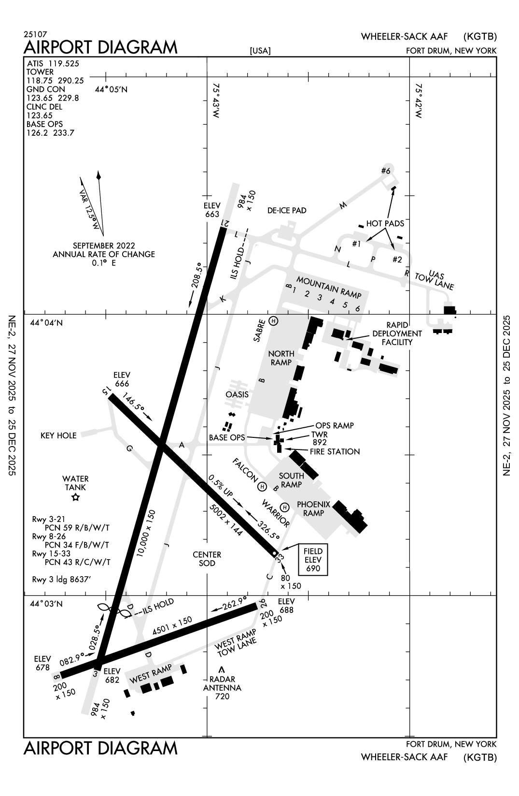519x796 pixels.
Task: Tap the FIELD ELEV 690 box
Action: (x=313, y=560)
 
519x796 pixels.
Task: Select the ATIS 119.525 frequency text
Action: (x=53, y=63)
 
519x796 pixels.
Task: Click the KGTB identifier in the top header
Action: (x=480, y=37)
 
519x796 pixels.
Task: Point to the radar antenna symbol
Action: (x=222, y=670)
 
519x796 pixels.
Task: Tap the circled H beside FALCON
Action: (x=263, y=486)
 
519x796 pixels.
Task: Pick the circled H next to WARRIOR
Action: (x=284, y=507)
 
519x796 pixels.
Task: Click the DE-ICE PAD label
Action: (x=287, y=211)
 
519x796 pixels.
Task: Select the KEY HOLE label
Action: (x=58, y=435)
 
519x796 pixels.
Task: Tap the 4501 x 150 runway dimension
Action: (x=172, y=626)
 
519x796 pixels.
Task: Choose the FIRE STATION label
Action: (x=335, y=451)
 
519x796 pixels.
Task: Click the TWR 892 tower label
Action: (x=319, y=438)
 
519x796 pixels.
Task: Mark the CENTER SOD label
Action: (x=207, y=559)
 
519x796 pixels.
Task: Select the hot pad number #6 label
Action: (x=385, y=171)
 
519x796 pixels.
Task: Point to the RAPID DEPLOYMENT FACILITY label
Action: (x=397, y=333)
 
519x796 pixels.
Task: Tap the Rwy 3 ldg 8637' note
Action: (x=61, y=579)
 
